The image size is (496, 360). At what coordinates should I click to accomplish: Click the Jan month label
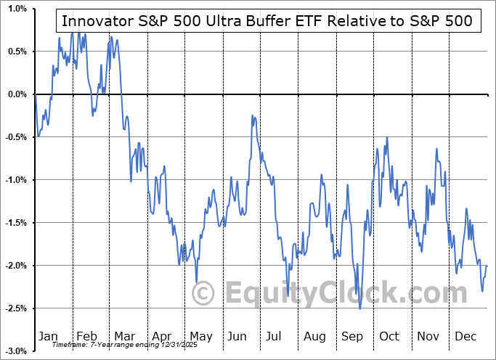pyautogui.click(x=48, y=337)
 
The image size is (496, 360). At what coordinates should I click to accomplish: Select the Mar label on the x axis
pyautogui.click(x=125, y=337)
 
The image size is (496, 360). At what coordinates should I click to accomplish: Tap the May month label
pyautogui.click(x=200, y=337)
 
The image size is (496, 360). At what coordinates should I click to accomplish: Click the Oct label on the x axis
pyautogui.click(x=389, y=337)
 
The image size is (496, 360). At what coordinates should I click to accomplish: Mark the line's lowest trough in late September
pyautogui.click(x=359, y=308)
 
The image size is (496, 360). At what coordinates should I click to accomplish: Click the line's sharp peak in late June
pyautogui.click(x=251, y=115)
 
